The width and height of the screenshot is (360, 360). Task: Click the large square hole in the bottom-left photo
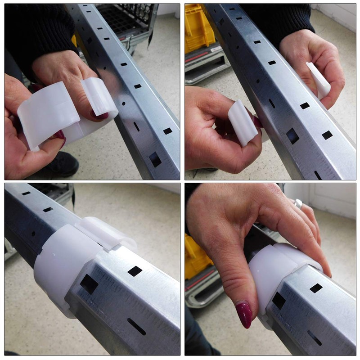click(89, 284)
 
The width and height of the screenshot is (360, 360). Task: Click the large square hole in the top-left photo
click(155, 159)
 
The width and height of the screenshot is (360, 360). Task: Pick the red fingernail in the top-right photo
click(257, 122)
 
